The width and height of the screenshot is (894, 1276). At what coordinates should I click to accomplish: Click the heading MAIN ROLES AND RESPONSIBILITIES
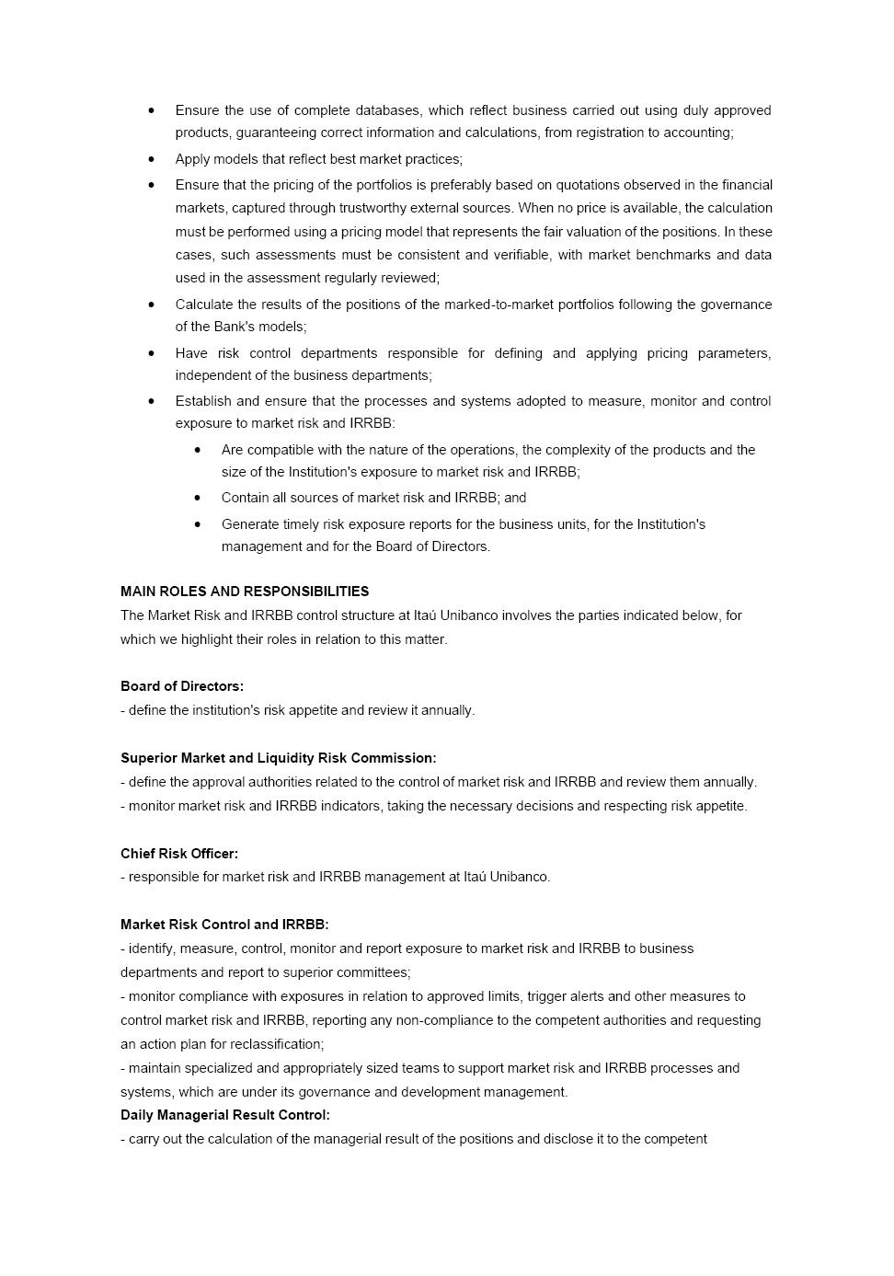245,592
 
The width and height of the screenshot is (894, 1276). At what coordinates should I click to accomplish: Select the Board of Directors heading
182,686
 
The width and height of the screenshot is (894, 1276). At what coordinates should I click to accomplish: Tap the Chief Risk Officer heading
179,854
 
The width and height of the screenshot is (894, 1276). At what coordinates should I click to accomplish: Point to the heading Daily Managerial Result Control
225,1115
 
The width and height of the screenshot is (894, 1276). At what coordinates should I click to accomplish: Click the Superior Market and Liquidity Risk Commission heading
279,758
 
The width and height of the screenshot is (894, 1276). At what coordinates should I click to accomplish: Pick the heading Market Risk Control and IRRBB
224,925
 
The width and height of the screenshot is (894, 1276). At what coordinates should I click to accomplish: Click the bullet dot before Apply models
152,159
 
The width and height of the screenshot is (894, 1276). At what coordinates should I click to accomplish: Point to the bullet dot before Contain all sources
198,498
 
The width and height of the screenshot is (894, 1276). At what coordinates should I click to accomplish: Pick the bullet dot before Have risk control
152,353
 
